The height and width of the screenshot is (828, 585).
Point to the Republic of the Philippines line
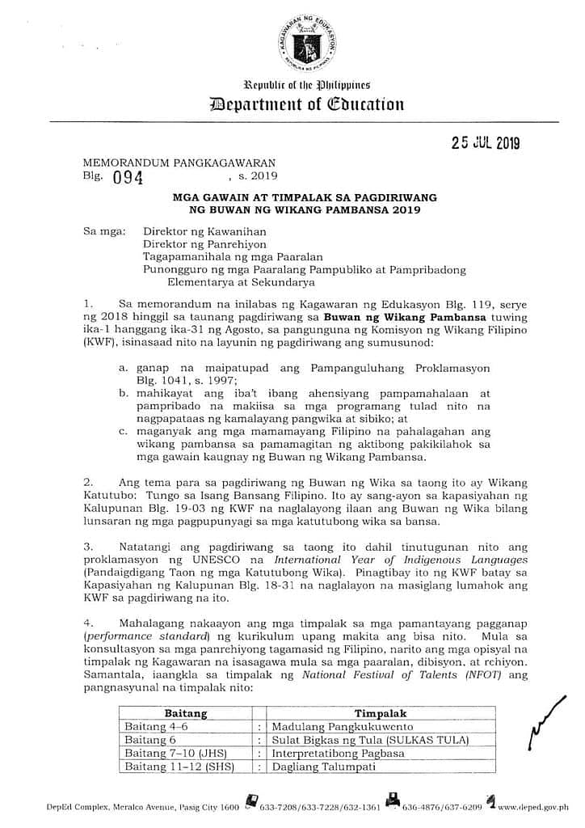(x=306, y=85)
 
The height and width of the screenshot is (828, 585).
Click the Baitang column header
(x=186, y=713)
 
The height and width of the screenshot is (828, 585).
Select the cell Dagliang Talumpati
(x=323, y=766)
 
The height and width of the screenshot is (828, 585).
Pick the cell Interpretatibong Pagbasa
(x=339, y=753)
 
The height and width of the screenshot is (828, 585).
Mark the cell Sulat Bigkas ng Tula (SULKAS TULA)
(x=370, y=740)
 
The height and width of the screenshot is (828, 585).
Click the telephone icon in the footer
(x=253, y=804)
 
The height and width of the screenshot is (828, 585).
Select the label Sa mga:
(x=105, y=231)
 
